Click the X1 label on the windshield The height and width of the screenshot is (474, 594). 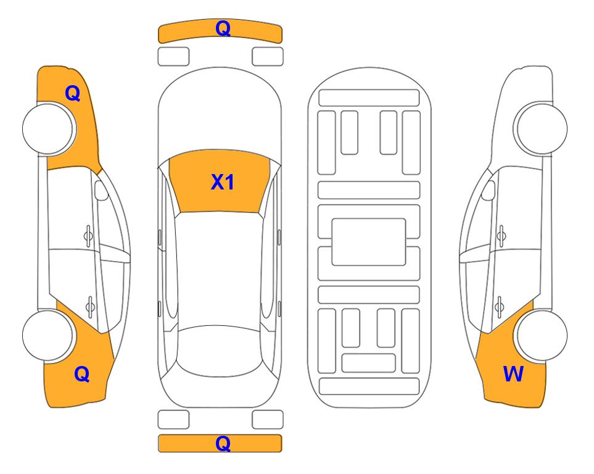point(223,182)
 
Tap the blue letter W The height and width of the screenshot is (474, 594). point(513,374)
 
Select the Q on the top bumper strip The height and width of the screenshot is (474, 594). point(223,28)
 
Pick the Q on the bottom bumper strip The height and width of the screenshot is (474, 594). point(223,443)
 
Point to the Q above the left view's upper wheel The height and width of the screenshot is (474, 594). point(73,93)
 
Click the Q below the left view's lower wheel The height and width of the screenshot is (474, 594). point(82,374)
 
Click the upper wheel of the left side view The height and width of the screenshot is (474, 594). point(49,129)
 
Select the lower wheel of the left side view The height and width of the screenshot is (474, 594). point(48,335)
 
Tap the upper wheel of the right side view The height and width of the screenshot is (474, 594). point(540,128)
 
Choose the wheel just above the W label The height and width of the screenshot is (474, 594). point(542,335)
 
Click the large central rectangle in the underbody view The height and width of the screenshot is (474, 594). point(369,242)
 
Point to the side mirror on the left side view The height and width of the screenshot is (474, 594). point(101,190)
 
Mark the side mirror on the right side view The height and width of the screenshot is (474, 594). point(488,190)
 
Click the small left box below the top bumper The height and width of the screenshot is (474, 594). point(173,57)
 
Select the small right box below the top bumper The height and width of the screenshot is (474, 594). point(268,57)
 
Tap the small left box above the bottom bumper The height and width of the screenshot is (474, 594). point(173,420)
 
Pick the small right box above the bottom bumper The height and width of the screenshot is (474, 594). point(268,420)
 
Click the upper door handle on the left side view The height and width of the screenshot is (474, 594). point(88,236)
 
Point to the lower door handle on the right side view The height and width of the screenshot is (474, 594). point(500,306)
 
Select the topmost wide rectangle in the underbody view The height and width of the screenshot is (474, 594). point(369,98)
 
